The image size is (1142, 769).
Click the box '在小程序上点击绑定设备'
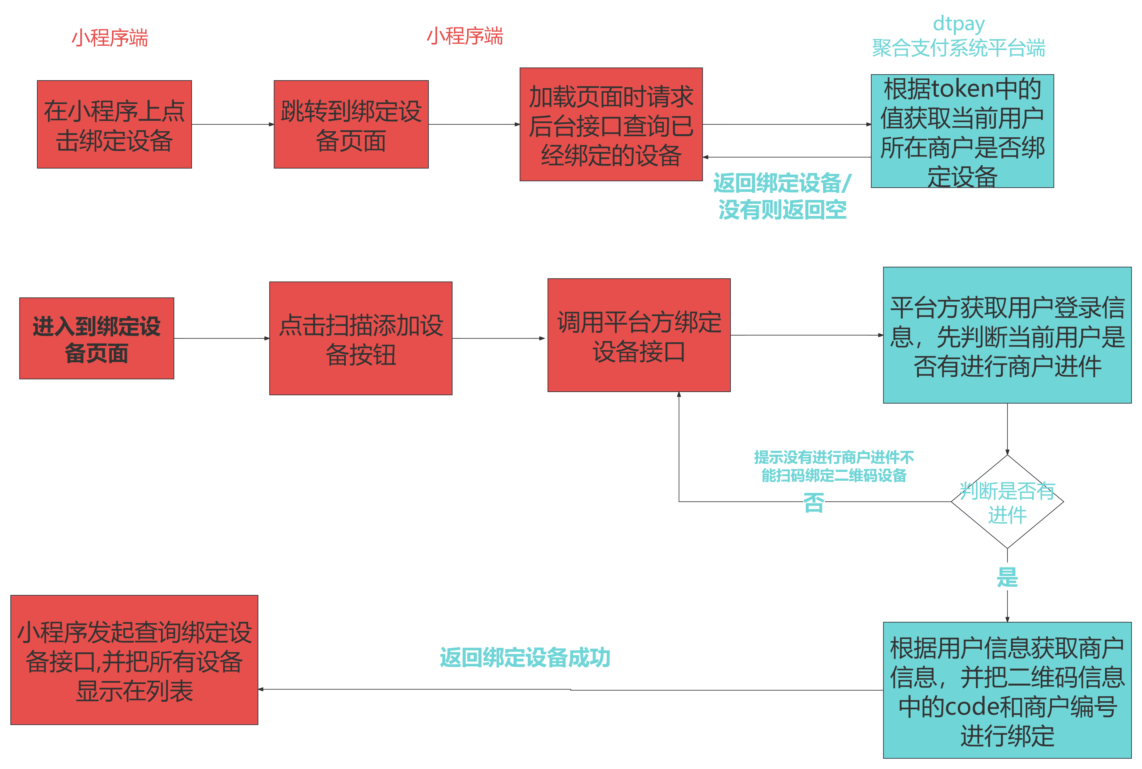[x=114, y=125]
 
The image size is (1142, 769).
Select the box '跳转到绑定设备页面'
[x=351, y=125]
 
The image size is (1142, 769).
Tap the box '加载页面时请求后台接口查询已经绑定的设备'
[x=611, y=125]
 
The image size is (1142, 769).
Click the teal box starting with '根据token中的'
[x=962, y=131]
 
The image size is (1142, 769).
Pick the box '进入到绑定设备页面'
[x=97, y=338]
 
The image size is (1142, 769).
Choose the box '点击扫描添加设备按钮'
[x=361, y=338]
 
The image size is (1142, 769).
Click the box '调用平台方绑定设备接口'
[x=639, y=336]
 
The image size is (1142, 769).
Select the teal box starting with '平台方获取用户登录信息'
[x=1007, y=336]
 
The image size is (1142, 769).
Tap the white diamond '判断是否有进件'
[x=1007, y=502]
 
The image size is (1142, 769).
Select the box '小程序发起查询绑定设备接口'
[x=134, y=660]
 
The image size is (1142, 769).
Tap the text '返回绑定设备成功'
[x=525, y=658]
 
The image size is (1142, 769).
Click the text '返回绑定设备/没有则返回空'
[x=782, y=196]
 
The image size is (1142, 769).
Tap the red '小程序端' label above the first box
[x=110, y=38]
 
